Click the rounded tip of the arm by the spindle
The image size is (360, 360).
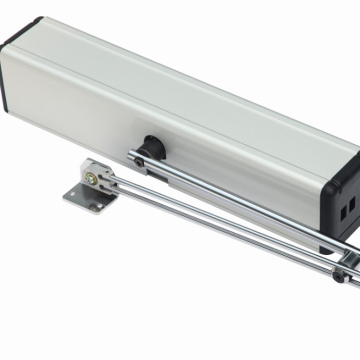pos(133,153)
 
